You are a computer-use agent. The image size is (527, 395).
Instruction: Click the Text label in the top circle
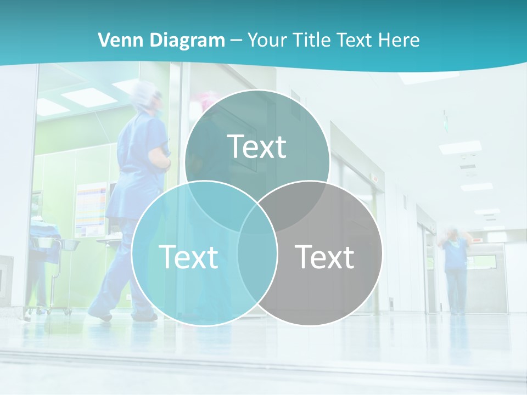pos(257,146)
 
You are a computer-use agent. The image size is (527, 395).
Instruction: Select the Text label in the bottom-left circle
pos(188,256)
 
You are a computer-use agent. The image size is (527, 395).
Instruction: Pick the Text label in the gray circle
pos(324,256)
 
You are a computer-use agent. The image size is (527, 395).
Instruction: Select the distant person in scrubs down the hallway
pos(455,269)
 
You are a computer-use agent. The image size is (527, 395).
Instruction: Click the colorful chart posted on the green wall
pos(91,208)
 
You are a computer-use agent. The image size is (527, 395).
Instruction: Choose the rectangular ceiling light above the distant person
pos(460,147)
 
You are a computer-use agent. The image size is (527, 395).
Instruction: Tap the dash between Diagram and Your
pos(237,40)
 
